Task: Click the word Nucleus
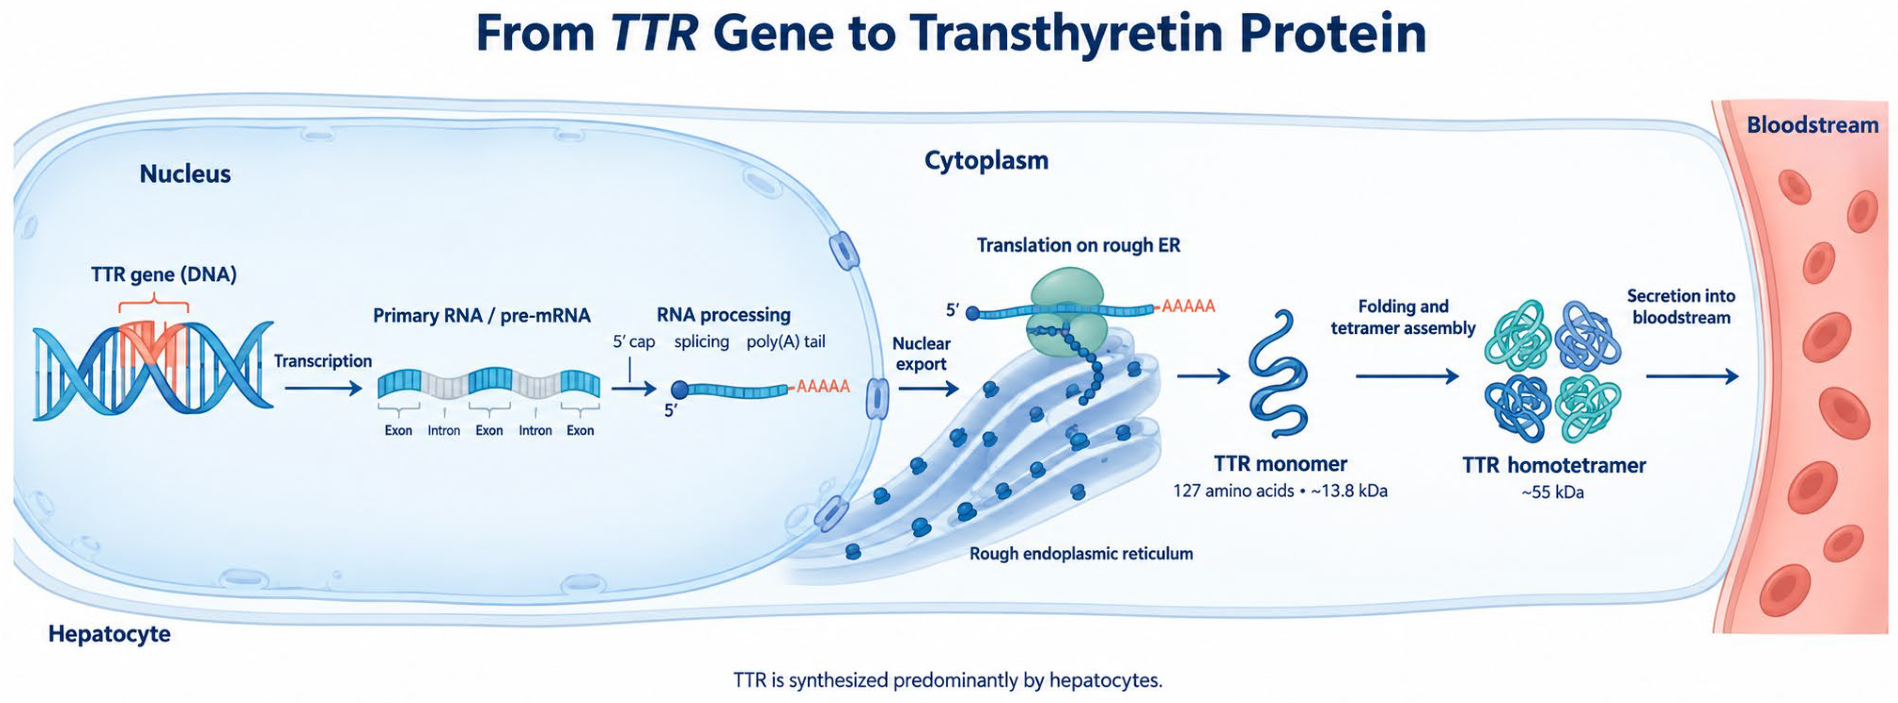point(185,174)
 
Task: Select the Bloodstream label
point(1813,125)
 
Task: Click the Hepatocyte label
point(109,634)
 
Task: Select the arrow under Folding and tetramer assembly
point(1407,377)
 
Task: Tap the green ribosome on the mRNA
point(1066,312)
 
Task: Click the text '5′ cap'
point(634,342)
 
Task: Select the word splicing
point(701,342)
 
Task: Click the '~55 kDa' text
point(1552,492)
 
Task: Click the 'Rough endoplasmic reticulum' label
point(1081,553)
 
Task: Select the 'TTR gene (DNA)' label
point(164,275)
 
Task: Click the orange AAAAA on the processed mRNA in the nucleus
point(823,386)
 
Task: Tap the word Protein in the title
point(1333,33)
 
